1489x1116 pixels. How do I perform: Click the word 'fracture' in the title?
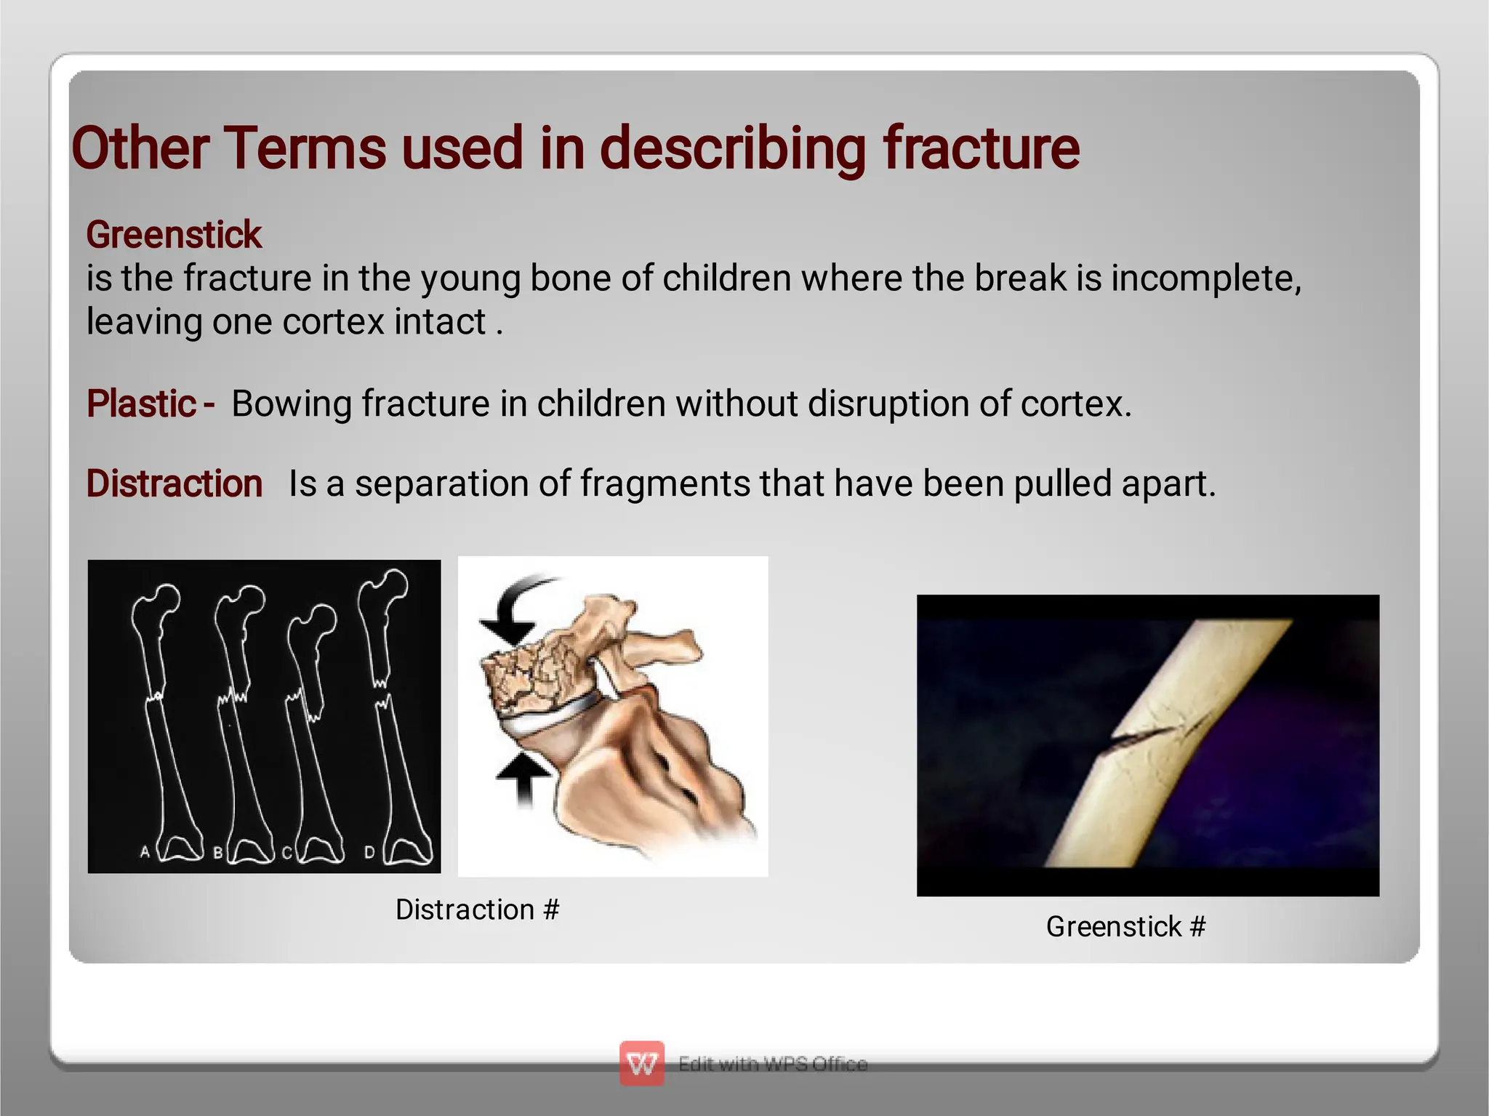(981, 148)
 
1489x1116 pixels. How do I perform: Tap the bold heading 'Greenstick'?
(174, 235)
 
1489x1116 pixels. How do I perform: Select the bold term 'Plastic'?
(141, 404)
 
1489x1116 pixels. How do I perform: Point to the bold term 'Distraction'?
(174, 483)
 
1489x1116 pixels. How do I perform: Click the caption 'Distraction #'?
(477, 910)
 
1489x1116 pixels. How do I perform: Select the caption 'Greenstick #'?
(1125, 927)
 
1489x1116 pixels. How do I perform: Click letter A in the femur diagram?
(145, 851)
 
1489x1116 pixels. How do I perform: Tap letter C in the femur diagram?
(286, 853)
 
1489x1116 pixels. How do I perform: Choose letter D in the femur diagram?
(369, 852)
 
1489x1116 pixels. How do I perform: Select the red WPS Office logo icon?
(641, 1064)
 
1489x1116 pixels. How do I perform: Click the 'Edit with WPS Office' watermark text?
(773, 1064)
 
